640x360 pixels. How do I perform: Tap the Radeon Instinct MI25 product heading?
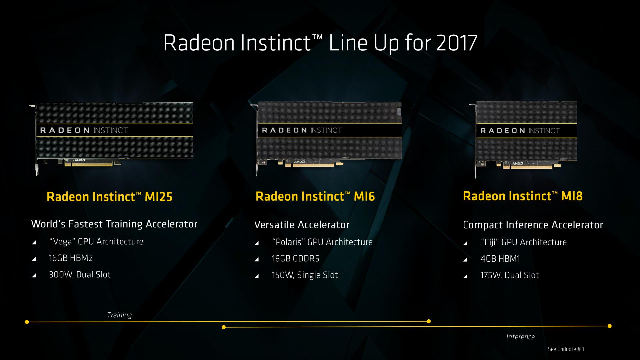pyautogui.click(x=109, y=196)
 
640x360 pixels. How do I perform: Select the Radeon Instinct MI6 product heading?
pyautogui.click(x=315, y=196)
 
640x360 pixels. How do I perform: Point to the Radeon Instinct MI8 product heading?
pyautogui.click(x=523, y=196)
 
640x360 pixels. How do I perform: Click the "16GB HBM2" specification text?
pyautogui.click(x=71, y=258)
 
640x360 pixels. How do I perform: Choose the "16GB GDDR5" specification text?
pyautogui.click(x=295, y=259)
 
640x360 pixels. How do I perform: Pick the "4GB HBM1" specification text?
pyautogui.click(x=500, y=259)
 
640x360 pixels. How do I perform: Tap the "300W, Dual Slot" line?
pyautogui.click(x=80, y=275)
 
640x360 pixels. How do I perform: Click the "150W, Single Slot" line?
pyautogui.click(x=305, y=275)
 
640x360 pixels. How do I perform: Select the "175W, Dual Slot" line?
pyautogui.click(x=510, y=275)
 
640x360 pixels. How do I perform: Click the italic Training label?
pyautogui.click(x=119, y=315)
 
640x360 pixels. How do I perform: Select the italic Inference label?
pyautogui.click(x=520, y=337)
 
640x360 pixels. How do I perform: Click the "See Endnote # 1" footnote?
pyautogui.click(x=566, y=349)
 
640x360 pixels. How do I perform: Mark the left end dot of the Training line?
pyautogui.click(x=27, y=322)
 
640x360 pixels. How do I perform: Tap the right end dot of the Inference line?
pyautogui.click(x=610, y=326)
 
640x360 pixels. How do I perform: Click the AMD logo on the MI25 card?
pyautogui.click(x=80, y=160)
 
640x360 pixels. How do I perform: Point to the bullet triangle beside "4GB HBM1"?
pyautogui.click(x=465, y=260)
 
